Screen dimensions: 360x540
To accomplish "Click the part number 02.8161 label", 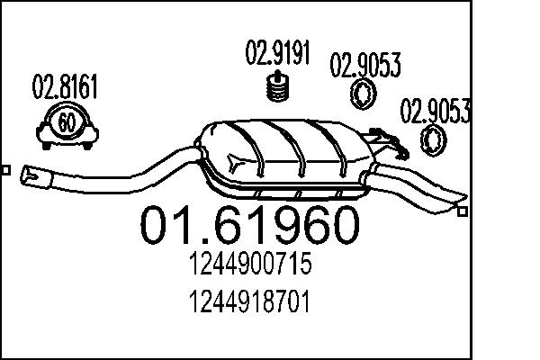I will tap(65, 90).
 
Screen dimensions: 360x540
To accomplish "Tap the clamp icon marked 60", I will tap(66, 123).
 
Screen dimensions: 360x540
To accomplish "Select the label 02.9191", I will tap(278, 54).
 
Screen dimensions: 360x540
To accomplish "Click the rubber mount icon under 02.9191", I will tap(278, 89).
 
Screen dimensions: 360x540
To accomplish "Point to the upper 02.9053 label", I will tap(365, 66).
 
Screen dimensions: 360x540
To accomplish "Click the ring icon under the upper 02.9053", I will tap(364, 94).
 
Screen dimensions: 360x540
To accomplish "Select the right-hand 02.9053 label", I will tap(436, 112).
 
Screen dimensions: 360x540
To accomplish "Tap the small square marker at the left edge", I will tap(5, 169).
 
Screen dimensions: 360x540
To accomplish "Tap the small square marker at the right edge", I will tap(463, 212).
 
